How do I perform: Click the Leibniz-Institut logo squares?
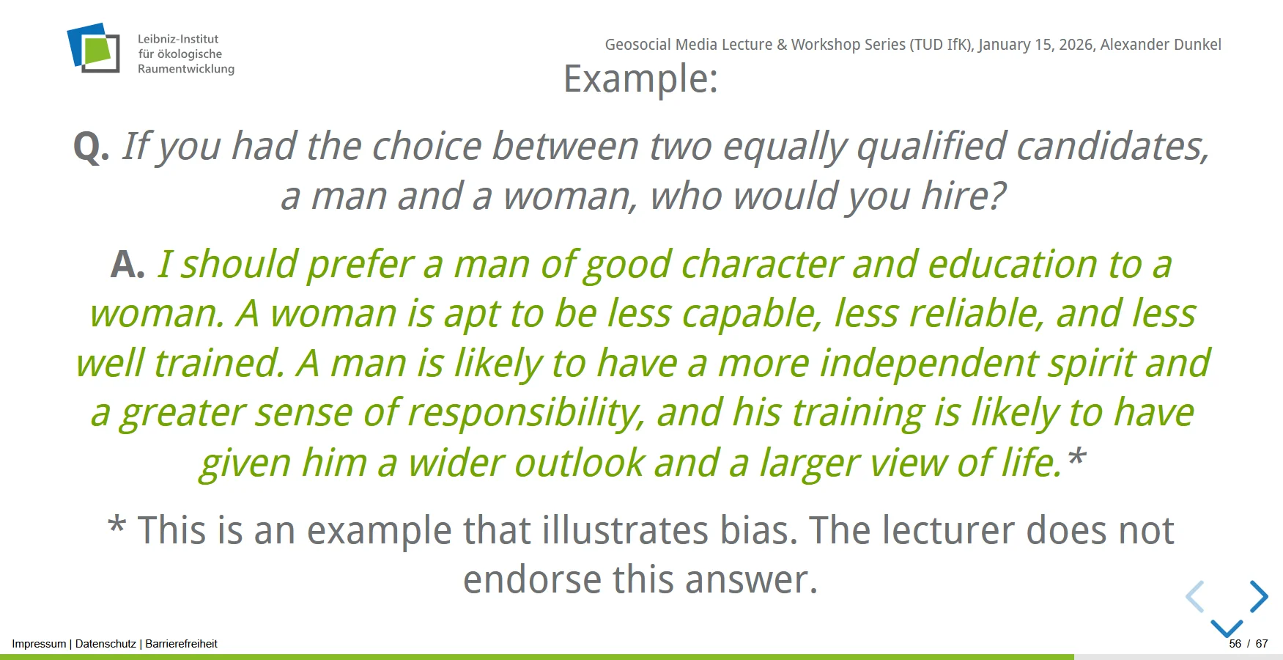[93, 48]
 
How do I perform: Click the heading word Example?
[640, 78]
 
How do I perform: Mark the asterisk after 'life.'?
[1076, 457]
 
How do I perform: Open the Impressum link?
[39, 644]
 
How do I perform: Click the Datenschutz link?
[106, 644]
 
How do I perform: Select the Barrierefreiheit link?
[182, 644]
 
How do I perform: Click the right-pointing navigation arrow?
[1259, 597]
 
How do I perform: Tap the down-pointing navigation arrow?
[1227, 628]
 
